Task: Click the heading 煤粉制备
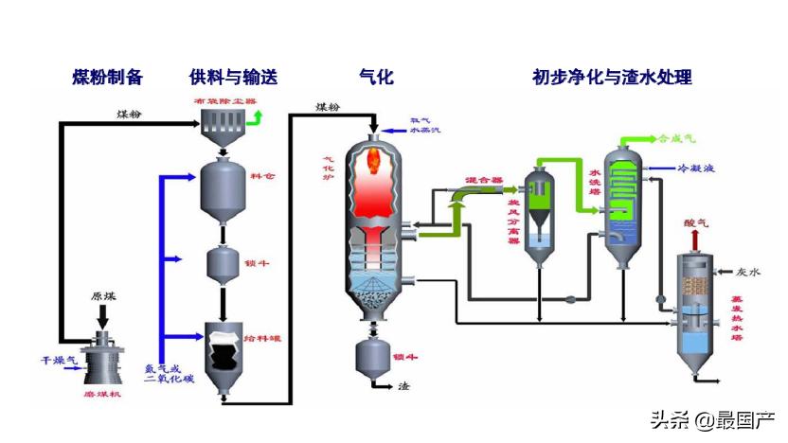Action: click(107, 77)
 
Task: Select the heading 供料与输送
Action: click(233, 77)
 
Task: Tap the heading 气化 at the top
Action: click(376, 77)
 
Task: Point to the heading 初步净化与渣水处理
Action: click(612, 77)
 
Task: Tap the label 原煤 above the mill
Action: click(103, 295)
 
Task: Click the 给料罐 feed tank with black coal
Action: click(223, 356)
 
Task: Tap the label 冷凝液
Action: click(694, 168)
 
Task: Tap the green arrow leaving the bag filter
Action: click(259, 117)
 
